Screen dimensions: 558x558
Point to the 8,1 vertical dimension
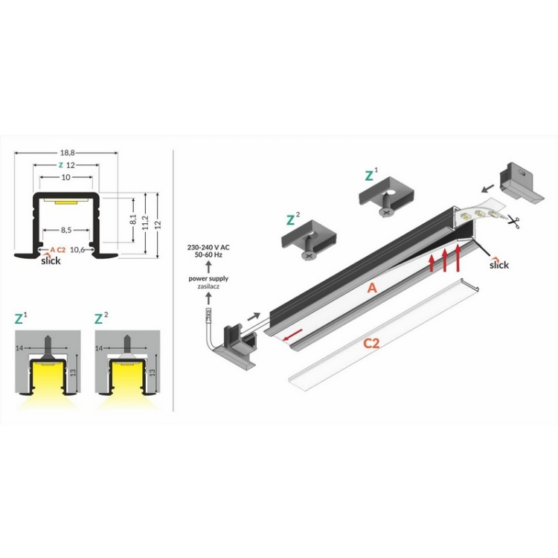[132, 220]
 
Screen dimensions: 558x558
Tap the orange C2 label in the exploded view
[374, 344]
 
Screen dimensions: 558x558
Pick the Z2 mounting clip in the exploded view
[307, 240]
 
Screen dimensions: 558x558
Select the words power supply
[208, 278]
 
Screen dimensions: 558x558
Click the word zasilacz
[208, 286]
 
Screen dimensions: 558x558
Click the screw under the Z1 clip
[385, 212]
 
